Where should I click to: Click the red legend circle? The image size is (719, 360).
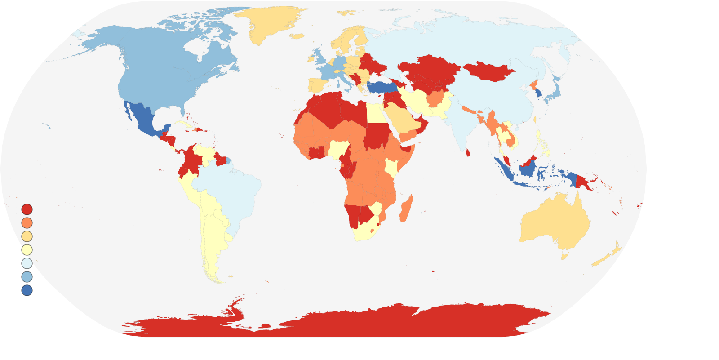[x=27, y=209]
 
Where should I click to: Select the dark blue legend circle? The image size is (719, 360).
[x=27, y=290]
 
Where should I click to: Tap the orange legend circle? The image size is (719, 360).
[x=27, y=223]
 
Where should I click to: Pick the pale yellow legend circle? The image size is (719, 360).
[x=27, y=250]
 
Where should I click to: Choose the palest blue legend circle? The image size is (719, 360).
[x=27, y=263]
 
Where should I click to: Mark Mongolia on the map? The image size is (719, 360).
[x=488, y=71]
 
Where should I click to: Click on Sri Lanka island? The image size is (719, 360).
[x=468, y=153]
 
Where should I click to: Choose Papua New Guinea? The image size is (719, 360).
[x=583, y=182]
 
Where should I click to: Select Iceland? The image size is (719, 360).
[x=297, y=36]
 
